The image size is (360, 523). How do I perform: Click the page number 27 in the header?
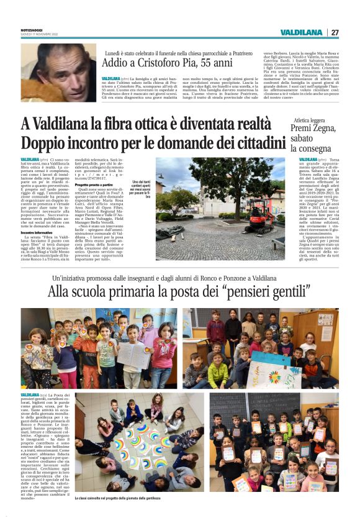click(335, 32)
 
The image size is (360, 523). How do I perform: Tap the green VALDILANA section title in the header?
click(300, 32)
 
